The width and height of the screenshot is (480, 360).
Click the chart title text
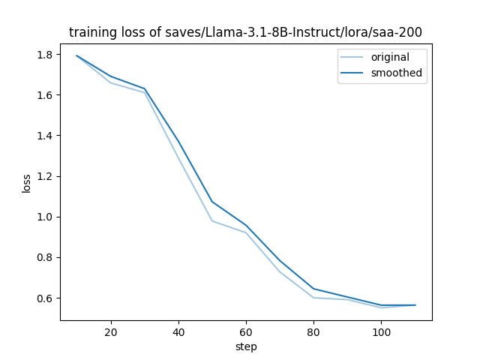246,32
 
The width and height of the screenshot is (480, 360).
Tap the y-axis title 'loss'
26,183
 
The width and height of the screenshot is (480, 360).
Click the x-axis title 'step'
246,347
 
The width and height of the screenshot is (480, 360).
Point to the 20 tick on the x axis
111,331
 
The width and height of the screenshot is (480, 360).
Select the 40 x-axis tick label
178,331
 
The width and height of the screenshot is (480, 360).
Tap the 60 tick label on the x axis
246,331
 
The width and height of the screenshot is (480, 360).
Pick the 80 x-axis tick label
313,331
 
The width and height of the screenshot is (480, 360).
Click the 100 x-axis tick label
381,331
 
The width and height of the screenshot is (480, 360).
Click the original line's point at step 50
212,221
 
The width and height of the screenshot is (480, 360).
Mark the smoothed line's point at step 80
313,289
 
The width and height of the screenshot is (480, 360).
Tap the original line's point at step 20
111,82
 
